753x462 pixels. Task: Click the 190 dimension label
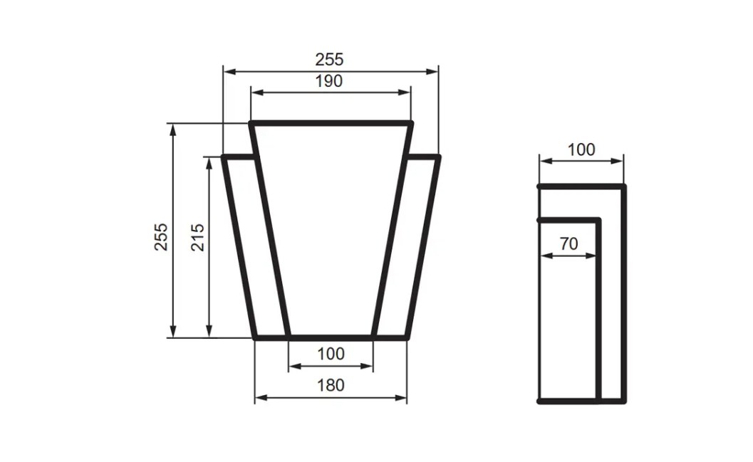[329, 81]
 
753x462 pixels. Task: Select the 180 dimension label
[331, 385]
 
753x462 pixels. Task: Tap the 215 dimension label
[197, 237]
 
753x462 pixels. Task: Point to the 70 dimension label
[568, 243]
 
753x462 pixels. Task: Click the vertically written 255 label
[162, 237]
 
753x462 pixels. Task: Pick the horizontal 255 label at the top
[329, 59]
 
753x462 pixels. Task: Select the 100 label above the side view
[581, 149]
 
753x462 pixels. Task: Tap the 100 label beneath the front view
[331, 354]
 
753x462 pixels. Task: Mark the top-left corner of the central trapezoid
[251, 124]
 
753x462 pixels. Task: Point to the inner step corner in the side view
[598, 221]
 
